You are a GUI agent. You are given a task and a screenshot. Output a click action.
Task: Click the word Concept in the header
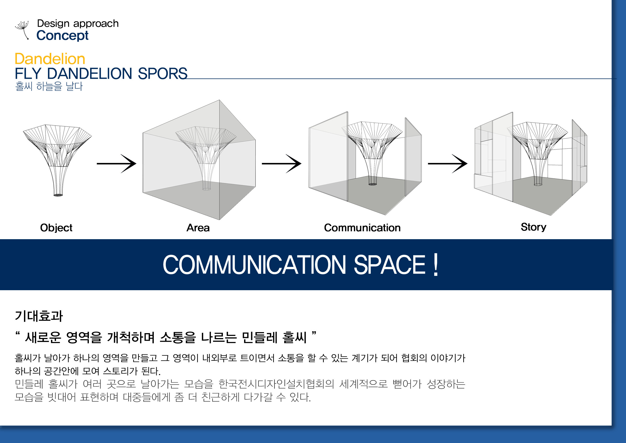[62, 36]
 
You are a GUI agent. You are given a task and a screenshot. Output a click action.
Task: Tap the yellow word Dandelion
[50, 59]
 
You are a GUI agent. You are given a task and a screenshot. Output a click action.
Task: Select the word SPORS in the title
[163, 74]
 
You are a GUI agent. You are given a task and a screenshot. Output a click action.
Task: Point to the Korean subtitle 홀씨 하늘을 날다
[49, 86]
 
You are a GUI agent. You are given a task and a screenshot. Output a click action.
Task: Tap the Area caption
[198, 228]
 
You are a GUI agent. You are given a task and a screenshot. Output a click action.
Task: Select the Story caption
[534, 227]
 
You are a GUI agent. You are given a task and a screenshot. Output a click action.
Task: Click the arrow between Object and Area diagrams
[116, 164]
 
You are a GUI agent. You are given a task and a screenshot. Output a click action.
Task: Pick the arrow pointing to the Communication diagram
[282, 164]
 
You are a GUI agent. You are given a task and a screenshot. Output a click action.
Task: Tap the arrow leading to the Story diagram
[448, 164]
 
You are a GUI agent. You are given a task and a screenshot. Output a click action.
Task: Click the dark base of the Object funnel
[58, 195]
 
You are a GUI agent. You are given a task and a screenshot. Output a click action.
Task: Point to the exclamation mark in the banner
[436, 265]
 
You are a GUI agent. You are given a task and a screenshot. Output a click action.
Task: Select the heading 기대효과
[39, 316]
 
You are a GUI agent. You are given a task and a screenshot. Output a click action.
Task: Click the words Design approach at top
[78, 24]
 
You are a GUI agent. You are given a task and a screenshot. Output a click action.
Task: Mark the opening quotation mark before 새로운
[18, 334]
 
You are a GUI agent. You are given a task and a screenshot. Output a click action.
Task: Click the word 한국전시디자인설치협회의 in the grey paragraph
[276, 384]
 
